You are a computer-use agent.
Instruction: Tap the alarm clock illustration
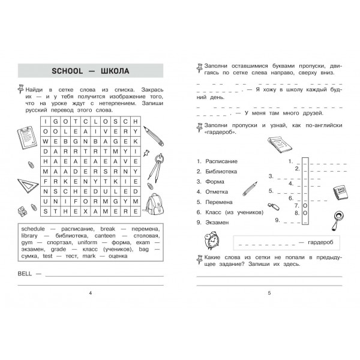click(x=211, y=240)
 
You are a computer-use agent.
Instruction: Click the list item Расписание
click(x=221, y=161)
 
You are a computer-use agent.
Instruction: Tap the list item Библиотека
click(x=221, y=172)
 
